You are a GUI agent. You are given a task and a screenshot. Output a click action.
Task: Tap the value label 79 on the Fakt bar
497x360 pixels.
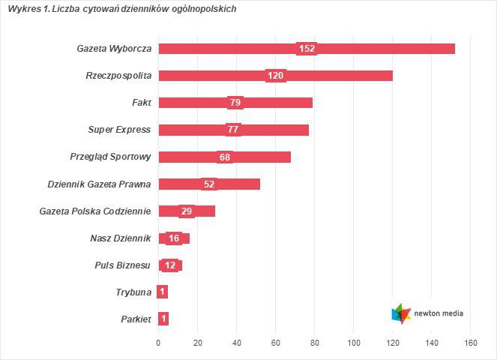235,103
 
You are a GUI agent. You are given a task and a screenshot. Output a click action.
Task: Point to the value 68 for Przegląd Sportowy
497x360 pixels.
225,157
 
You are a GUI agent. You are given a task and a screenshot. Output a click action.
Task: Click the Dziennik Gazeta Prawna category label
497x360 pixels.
99,184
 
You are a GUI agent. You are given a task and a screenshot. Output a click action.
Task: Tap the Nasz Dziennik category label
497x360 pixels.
120,238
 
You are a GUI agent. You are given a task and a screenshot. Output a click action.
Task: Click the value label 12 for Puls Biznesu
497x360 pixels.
171,265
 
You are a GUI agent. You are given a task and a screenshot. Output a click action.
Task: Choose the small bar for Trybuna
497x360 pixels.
163,292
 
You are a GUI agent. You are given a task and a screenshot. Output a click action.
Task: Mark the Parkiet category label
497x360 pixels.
136,319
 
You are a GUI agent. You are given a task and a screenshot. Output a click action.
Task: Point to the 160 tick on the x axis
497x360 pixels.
471,343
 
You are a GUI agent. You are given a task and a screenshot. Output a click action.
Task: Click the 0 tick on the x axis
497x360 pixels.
158,343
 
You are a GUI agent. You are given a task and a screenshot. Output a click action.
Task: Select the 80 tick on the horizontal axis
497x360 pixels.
315,343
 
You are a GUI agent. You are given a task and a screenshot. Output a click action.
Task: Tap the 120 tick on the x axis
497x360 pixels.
393,343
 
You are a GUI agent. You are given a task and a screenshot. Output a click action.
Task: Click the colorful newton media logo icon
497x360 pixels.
402,313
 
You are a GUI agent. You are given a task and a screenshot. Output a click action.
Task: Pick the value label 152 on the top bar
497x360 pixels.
307,49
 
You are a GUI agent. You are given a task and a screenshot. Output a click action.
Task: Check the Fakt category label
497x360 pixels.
141,103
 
